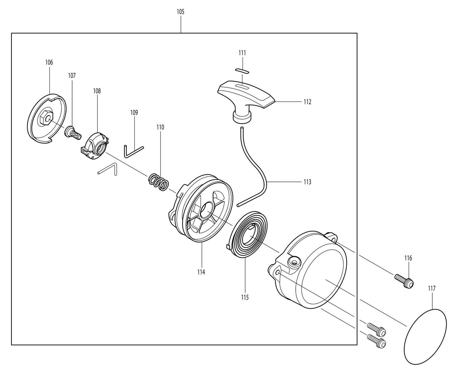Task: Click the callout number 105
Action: coord(180,12)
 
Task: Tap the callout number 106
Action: coord(49,62)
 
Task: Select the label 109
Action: coord(134,112)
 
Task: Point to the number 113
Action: coord(307,182)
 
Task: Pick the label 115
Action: coord(245,297)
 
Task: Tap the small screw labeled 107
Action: coord(72,132)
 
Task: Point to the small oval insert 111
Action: coord(242,70)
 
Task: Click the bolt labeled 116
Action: coord(404,280)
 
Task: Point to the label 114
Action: coord(201,272)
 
